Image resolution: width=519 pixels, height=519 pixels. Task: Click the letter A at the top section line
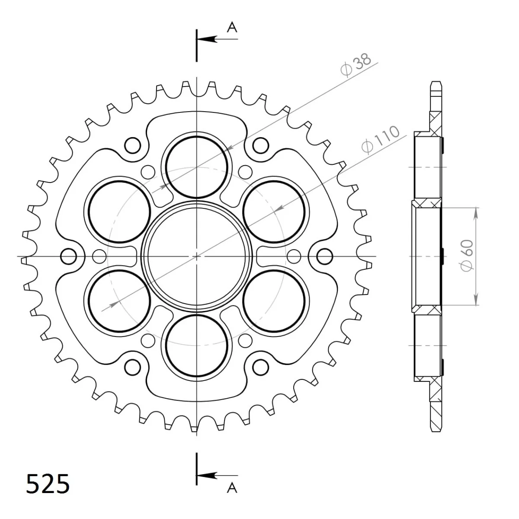(232, 28)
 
